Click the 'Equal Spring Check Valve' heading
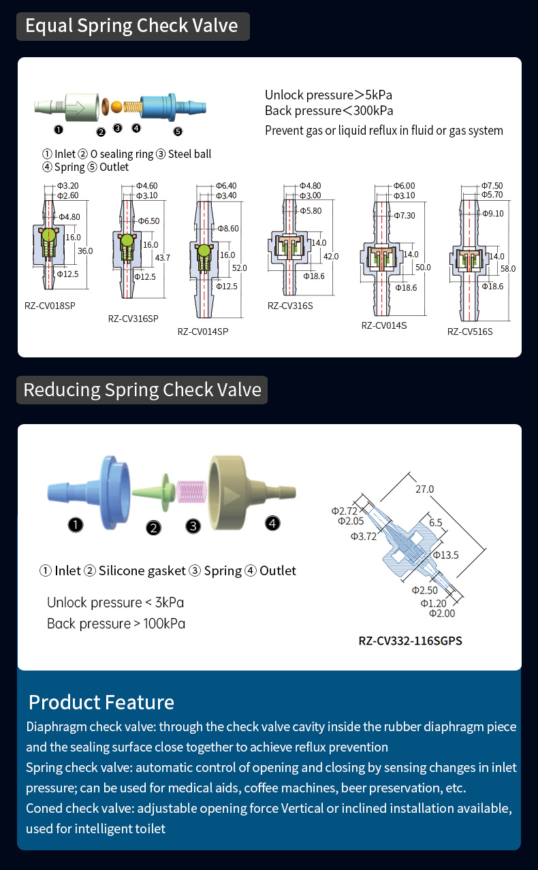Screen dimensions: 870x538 pyautogui.click(x=132, y=26)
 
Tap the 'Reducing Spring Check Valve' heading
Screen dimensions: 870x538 pyautogui.click(x=142, y=389)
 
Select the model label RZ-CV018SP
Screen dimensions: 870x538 pyautogui.click(x=50, y=305)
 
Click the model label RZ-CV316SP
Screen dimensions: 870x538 pyautogui.click(x=133, y=319)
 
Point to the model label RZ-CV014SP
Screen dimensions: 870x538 pyautogui.click(x=203, y=332)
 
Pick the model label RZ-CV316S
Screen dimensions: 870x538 pyautogui.click(x=290, y=306)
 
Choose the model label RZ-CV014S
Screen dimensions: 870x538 pyautogui.click(x=384, y=325)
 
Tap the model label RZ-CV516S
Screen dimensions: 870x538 pyautogui.click(x=470, y=332)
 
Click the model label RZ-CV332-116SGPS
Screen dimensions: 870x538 pyautogui.click(x=411, y=641)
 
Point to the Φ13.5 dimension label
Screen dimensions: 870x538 pyautogui.click(x=445, y=555)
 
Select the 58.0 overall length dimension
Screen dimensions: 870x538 pyautogui.click(x=508, y=268)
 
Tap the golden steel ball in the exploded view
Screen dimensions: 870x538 pyautogui.click(x=116, y=107)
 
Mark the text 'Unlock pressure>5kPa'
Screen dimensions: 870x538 pyautogui.click(x=328, y=95)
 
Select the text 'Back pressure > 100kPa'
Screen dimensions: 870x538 pyautogui.click(x=116, y=624)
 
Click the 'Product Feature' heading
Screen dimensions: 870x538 pyautogui.click(x=101, y=702)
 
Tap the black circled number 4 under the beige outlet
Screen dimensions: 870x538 pyautogui.click(x=272, y=523)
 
